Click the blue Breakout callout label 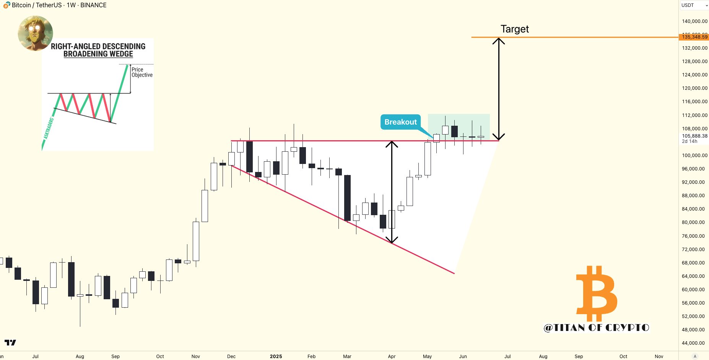coord(400,122)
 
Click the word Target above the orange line coord(514,29)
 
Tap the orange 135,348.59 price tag coord(694,37)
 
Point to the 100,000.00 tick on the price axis coord(694,155)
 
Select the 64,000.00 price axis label coord(693,276)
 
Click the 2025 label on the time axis coord(276,356)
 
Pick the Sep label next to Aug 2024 coord(115,356)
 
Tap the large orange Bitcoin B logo coord(596,293)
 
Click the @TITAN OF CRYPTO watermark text coord(596,328)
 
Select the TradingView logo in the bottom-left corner coord(10,342)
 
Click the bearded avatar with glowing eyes coord(35,33)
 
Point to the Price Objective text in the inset coord(142,72)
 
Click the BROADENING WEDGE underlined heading coord(98,54)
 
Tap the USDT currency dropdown coord(694,5)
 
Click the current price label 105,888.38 coord(694,136)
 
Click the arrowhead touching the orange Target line coord(498,41)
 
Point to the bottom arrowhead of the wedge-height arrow coord(392,240)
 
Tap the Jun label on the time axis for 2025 coord(463,356)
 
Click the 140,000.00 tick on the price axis coord(694,21)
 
